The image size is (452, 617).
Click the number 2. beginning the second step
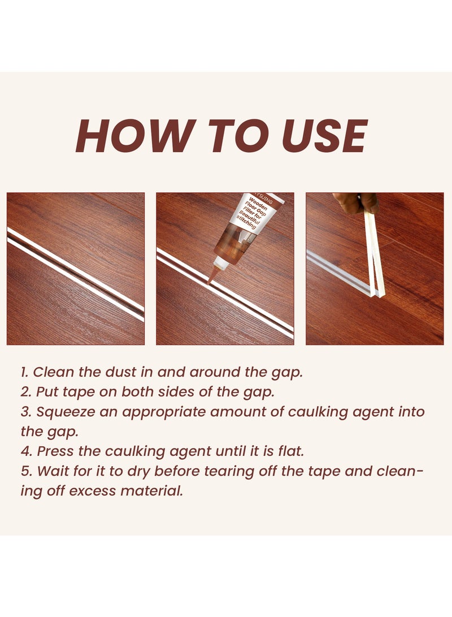26,392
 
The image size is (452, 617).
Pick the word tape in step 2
75,392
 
